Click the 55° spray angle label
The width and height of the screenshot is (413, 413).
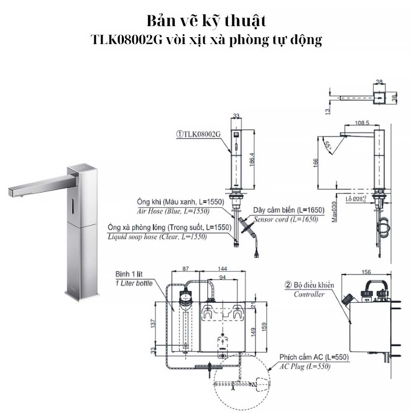[x=329, y=145]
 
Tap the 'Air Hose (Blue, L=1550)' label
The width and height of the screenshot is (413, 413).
[x=173, y=211]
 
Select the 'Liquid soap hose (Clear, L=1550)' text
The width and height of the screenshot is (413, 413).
[x=157, y=237]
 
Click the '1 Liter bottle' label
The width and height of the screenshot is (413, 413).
[x=133, y=283]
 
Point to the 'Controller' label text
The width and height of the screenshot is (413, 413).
[x=309, y=294]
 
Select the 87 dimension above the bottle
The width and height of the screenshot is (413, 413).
[x=185, y=268]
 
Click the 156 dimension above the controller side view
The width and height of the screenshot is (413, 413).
[x=366, y=272]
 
